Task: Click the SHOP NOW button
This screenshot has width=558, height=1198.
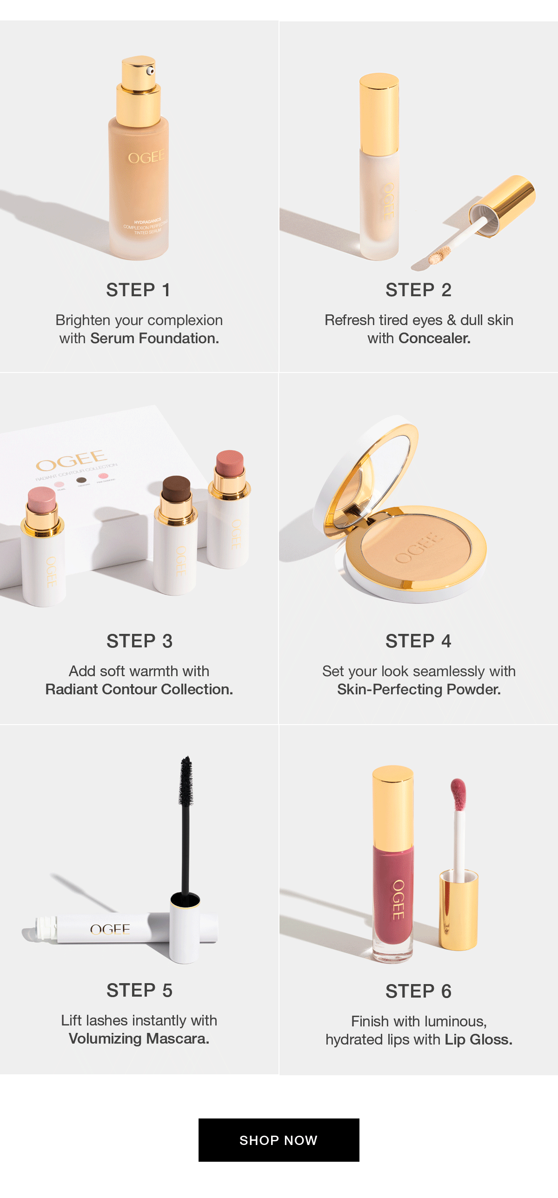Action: point(279,1140)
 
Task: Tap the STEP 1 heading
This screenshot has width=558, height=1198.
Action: point(139,290)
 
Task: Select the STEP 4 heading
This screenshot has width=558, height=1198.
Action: point(418,641)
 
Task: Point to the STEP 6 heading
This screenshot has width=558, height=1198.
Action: point(418,992)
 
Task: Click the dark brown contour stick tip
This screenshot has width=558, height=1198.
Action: point(176,487)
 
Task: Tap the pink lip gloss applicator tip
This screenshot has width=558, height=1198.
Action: point(458,793)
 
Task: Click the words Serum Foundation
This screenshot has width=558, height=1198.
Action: point(154,339)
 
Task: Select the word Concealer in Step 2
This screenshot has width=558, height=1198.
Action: point(434,339)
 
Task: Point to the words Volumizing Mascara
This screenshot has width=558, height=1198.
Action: point(139,1038)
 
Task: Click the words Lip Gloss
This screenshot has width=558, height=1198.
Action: point(478,1039)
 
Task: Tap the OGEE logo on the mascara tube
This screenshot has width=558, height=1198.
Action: point(110,929)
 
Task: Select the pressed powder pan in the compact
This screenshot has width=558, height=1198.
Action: point(416,549)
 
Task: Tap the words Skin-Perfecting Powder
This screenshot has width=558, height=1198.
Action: point(418,690)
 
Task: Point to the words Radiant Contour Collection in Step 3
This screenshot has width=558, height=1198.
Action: point(139,690)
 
